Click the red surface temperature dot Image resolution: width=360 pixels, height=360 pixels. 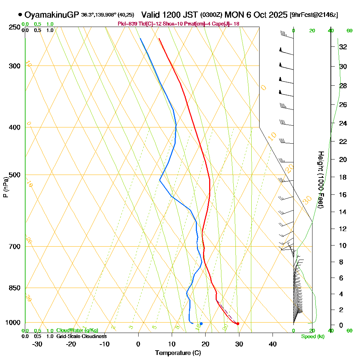click(238, 324)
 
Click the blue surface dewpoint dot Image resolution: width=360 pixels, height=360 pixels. click(201, 324)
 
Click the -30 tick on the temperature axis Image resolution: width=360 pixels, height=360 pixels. click(37, 344)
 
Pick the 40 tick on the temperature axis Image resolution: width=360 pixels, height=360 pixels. click(273, 344)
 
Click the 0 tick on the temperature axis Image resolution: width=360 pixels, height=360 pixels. click(138, 344)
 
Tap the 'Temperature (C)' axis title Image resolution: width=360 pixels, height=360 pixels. click(178, 353)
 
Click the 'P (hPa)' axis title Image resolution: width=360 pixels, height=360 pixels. click(5, 187)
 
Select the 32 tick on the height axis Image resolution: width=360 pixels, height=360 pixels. click(343, 47)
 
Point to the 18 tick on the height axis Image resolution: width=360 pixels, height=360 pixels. click(343, 177)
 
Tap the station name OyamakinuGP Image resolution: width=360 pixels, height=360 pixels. click(51, 15)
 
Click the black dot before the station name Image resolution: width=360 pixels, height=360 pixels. click(20, 15)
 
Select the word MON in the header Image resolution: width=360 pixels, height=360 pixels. click(234, 15)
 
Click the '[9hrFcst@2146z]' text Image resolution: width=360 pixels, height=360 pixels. click(314, 15)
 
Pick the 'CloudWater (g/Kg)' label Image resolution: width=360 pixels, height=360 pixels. click(77, 330)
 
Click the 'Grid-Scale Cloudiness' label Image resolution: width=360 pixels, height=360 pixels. click(81, 336)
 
